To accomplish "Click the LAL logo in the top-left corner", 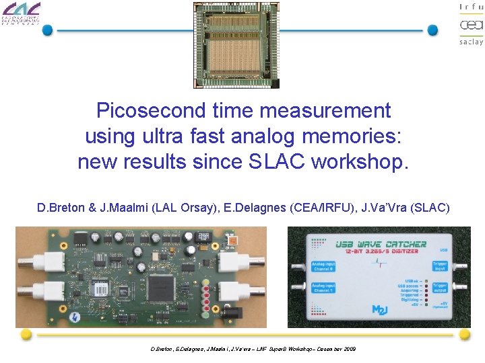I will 21,13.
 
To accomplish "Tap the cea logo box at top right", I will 471,26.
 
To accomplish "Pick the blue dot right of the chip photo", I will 433,30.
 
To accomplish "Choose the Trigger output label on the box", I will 439,289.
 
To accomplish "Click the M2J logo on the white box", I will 381,309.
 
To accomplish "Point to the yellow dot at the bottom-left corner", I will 26,334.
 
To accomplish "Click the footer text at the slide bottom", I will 253,349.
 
